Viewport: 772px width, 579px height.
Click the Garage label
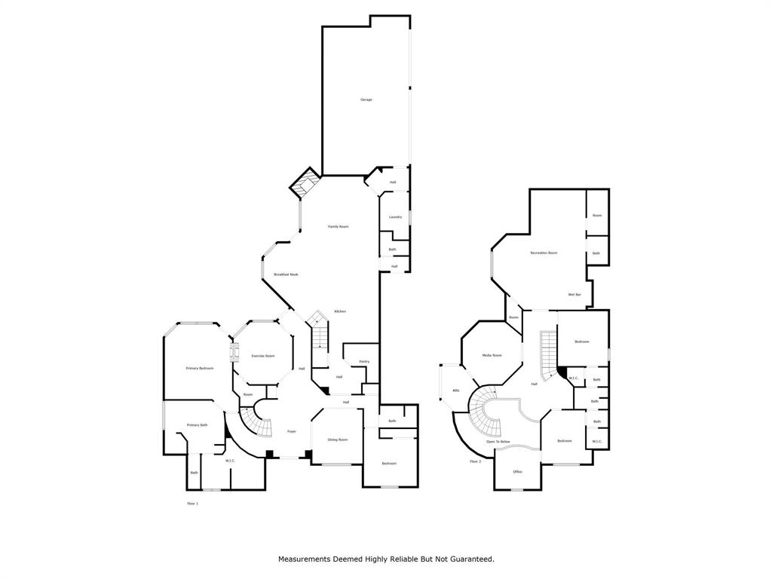point(366,100)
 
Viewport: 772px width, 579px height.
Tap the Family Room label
point(338,226)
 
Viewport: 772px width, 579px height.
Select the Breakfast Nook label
point(286,274)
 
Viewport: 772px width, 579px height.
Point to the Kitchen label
point(340,311)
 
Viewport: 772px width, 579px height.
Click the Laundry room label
point(395,217)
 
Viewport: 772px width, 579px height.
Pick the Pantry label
point(364,362)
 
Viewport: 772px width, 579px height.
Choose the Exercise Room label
point(262,356)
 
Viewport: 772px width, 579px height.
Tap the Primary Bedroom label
point(200,368)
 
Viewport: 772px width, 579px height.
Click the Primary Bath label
point(198,425)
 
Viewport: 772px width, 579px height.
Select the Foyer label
point(292,431)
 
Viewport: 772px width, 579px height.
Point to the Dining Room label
point(337,440)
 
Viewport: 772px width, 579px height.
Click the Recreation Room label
point(544,253)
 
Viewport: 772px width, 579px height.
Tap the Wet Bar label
point(574,294)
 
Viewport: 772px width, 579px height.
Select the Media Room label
point(492,355)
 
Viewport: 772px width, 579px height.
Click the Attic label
point(456,390)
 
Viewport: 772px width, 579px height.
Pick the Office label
point(517,471)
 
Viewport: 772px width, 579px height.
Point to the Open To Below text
point(498,441)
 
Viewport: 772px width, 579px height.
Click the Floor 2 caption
point(475,461)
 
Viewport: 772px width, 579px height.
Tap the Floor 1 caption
point(192,503)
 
